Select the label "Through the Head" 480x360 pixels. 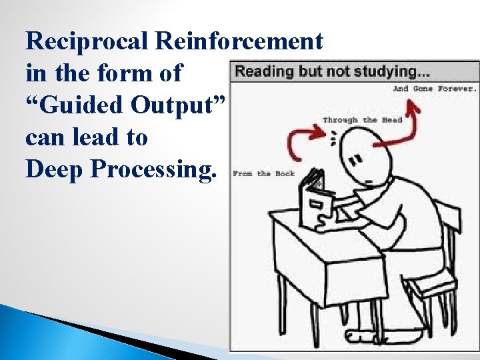coord(362,120)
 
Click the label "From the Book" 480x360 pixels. coord(263,174)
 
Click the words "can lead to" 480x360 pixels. coord(86,137)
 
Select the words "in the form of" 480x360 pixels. coord(103,73)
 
